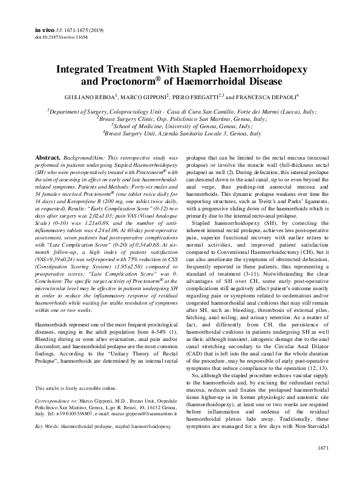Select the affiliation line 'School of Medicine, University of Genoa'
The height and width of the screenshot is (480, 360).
[180, 126]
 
